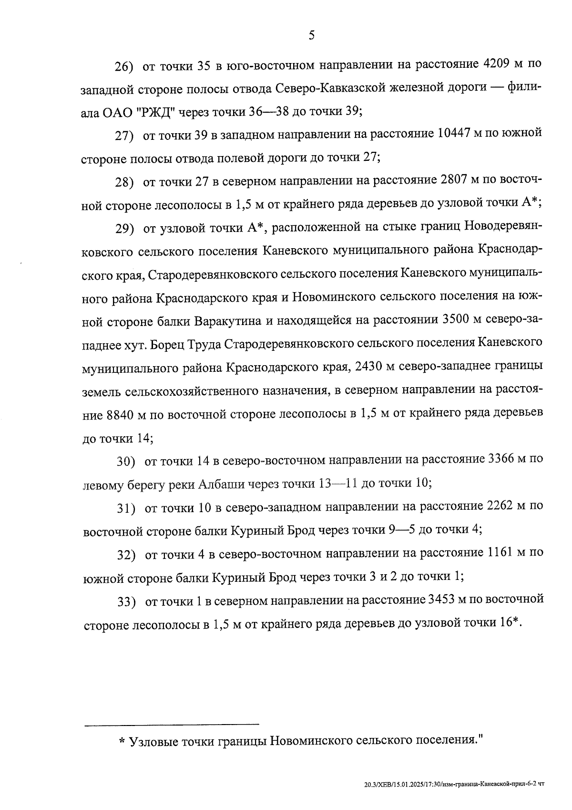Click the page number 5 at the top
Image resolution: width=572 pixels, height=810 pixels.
pos(311,35)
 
